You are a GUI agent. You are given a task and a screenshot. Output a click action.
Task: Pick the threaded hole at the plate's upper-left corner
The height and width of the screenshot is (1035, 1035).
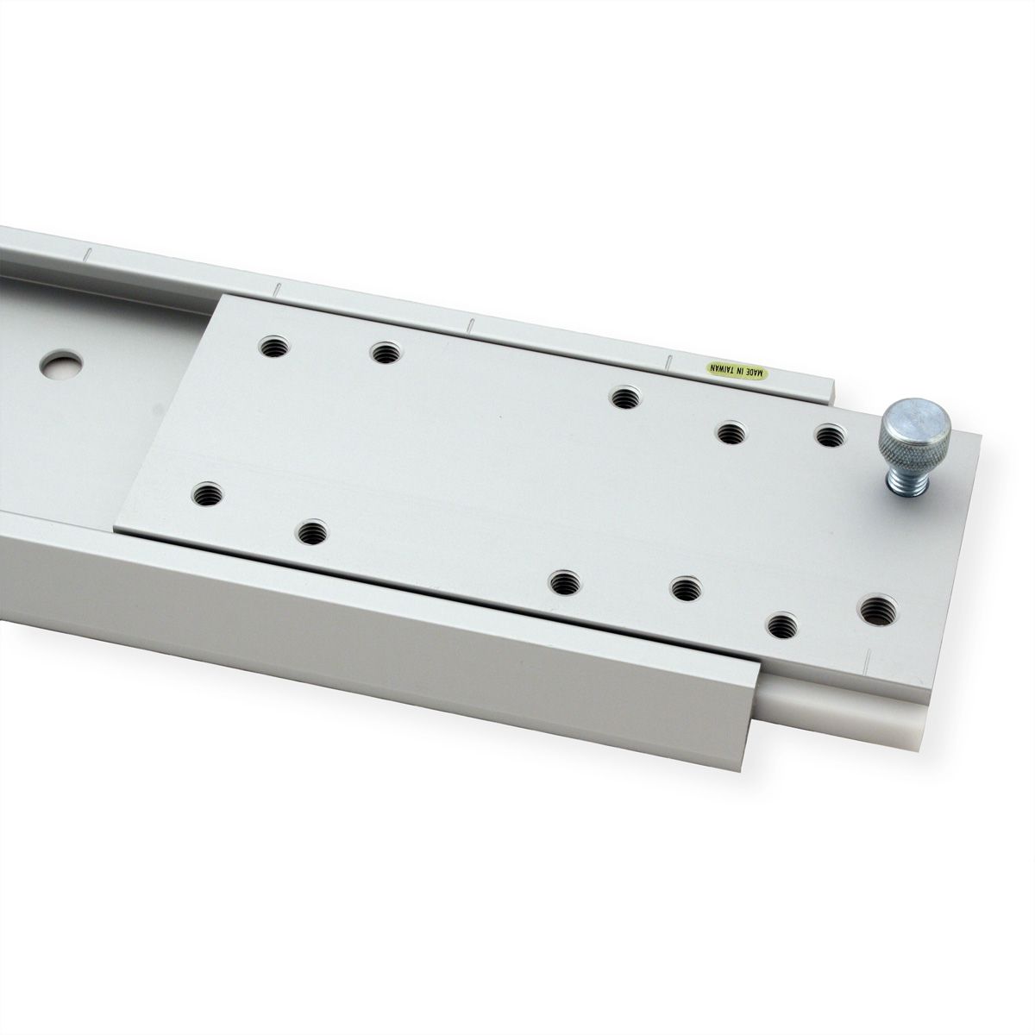(x=275, y=348)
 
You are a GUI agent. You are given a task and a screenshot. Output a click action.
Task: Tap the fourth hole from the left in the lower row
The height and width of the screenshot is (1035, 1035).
(x=684, y=590)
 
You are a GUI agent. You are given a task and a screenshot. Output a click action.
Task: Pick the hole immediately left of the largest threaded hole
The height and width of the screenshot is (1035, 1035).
(x=782, y=624)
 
